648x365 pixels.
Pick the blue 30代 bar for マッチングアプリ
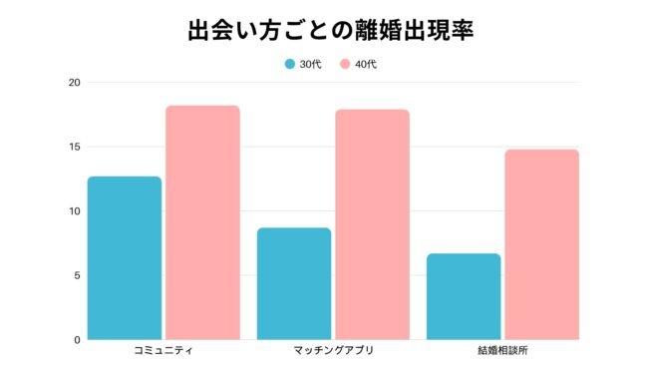pyautogui.click(x=294, y=283)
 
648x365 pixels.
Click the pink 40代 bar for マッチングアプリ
pyautogui.click(x=372, y=224)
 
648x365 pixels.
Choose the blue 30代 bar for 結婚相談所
pyautogui.click(x=464, y=296)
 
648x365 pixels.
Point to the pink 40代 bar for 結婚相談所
pyautogui.click(x=541, y=244)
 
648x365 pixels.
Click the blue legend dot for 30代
pyautogui.click(x=290, y=64)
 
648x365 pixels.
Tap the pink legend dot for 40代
pyautogui.click(x=345, y=64)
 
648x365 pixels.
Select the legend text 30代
pyautogui.click(x=310, y=64)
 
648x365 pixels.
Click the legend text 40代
pyautogui.click(x=365, y=64)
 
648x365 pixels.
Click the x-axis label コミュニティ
pyautogui.click(x=163, y=352)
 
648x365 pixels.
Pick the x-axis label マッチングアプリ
pyautogui.click(x=333, y=352)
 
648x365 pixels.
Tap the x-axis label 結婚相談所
pyautogui.click(x=502, y=352)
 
